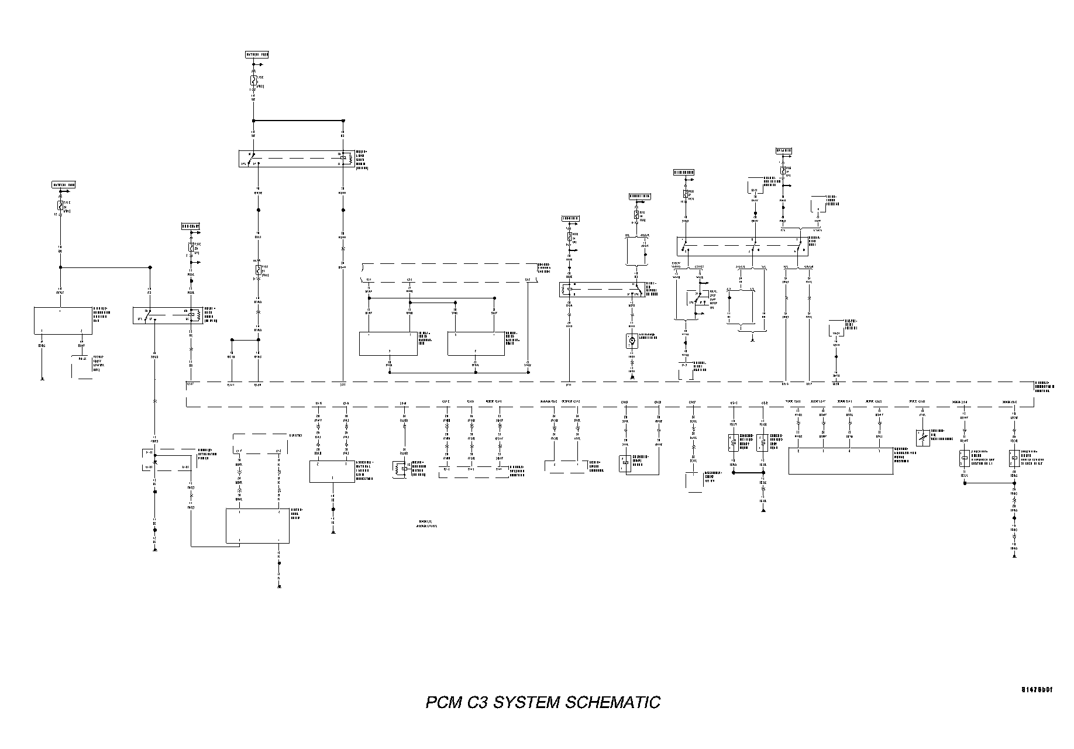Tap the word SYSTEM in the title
click(528, 702)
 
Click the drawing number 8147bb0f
click(1037, 690)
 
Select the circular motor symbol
click(632, 339)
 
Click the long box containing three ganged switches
click(742, 246)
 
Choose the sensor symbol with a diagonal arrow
click(923, 438)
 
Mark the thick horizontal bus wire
click(298, 121)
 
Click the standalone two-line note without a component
click(427, 524)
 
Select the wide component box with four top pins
click(841, 461)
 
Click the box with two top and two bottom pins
click(257, 525)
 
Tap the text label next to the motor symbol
click(647, 336)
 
